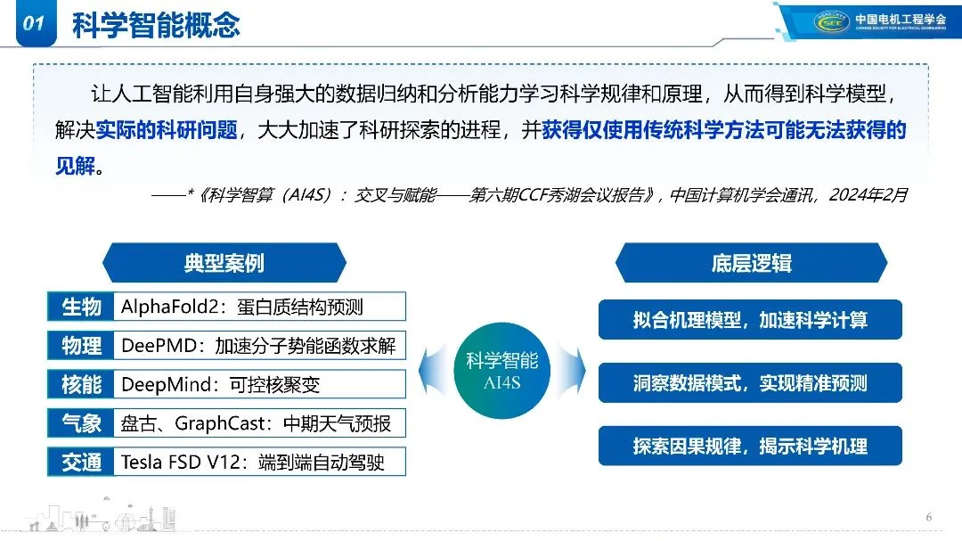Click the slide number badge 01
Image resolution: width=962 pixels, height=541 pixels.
pos(33,24)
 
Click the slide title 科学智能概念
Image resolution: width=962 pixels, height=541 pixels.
pos(156,25)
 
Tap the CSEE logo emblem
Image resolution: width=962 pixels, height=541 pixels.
pos(832,21)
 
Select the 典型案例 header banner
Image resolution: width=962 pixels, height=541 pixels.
pos(224,262)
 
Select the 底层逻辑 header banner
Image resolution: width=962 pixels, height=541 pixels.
pos(751,262)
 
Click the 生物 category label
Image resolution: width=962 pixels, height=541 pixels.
pos(81,307)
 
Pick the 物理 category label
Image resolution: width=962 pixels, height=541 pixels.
pos(81,346)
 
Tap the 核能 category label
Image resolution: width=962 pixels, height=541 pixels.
pos(81,384)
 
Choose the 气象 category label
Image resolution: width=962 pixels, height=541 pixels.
pos(81,423)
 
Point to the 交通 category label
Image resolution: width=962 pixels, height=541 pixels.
pos(81,462)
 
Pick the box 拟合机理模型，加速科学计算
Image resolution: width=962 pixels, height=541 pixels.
pos(750,320)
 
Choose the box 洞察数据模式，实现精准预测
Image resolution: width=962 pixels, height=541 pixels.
pos(750,383)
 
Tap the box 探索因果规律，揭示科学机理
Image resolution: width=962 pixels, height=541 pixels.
pos(750,447)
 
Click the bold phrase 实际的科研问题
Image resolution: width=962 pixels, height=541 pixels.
pos(167,131)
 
